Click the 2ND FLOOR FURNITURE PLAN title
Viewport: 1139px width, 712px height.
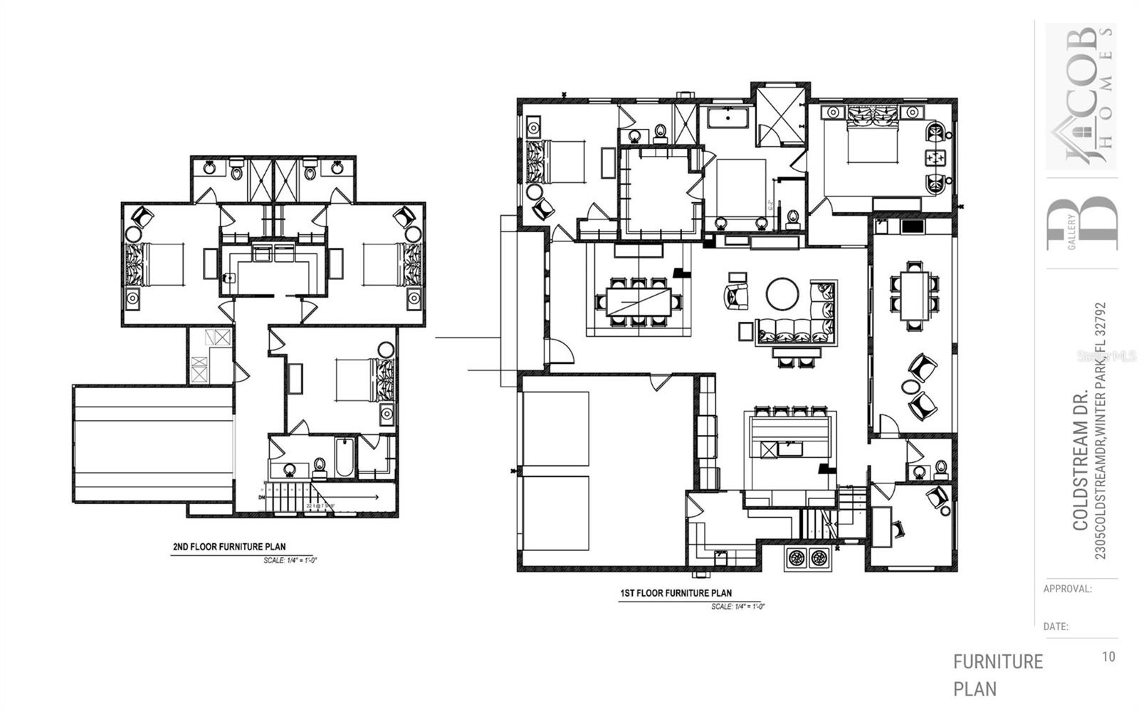pyautogui.click(x=229, y=547)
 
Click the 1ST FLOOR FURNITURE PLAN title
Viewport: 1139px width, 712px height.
pyautogui.click(x=675, y=592)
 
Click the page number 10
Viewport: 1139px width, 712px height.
pyautogui.click(x=1108, y=656)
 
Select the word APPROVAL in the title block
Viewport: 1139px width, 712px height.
pyautogui.click(x=1066, y=589)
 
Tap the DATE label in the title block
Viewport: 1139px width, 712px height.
pyautogui.click(x=1056, y=627)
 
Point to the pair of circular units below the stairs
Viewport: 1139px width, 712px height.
pyautogui.click(x=809, y=557)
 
